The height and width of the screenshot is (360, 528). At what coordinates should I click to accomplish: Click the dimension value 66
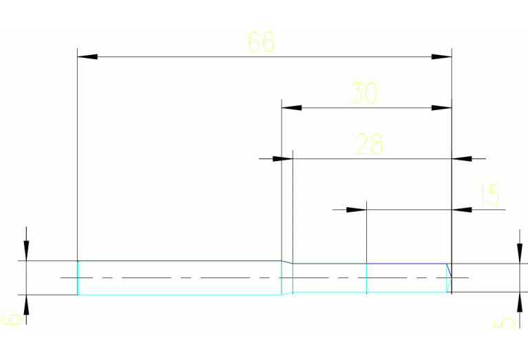[261, 43]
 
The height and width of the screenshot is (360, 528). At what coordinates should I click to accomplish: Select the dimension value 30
[364, 93]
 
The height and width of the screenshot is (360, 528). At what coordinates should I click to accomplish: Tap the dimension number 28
[369, 145]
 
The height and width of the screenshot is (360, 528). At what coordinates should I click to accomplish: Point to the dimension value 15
[488, 195]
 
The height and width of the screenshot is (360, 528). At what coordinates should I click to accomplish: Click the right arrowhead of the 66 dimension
[441, 56]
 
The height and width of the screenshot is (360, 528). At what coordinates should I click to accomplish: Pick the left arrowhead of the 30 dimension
[292, 107]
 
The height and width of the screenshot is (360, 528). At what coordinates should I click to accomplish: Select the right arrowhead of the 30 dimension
[441, 107]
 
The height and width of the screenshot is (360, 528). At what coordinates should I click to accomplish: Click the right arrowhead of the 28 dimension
[462, 158]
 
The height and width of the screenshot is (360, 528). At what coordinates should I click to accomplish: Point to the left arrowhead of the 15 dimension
[355, 209]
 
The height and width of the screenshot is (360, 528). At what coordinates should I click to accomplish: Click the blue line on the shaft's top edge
[407, 264]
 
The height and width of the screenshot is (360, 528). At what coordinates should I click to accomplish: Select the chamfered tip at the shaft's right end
[449, 277]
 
